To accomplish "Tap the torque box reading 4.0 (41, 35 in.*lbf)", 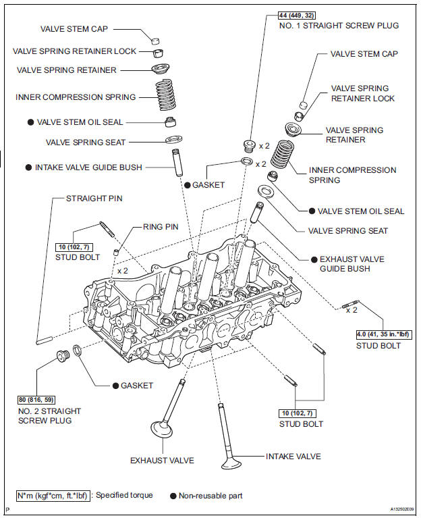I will tap(382, 334).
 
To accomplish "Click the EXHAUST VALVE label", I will tap(162, 460).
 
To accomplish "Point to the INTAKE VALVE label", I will tap(293, 457).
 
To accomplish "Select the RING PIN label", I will tap(161, 227).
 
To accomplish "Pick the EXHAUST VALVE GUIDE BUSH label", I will tap(345, 263).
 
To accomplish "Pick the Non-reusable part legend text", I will tap(210, 496).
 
